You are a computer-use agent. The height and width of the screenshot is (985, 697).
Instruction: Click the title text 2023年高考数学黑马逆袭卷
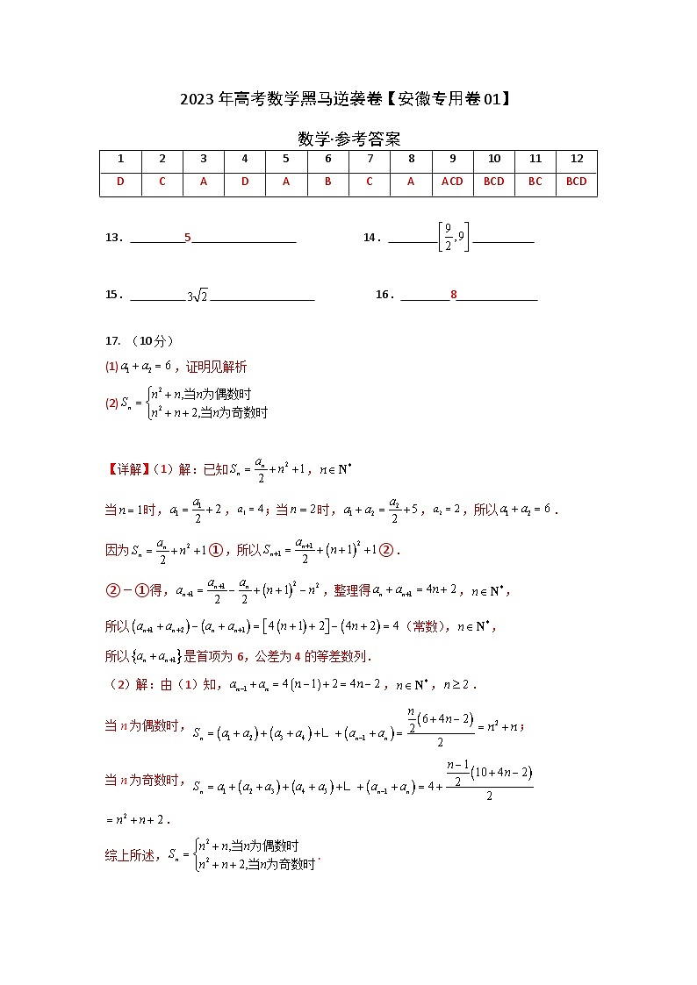click(x=281, y=99)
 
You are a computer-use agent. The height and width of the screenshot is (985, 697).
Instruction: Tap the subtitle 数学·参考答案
click(x=348, y=139)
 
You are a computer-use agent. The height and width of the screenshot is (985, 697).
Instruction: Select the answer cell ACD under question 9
click(x=452, y=182)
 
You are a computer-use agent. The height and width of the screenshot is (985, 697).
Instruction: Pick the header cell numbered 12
click(x=576, y=159)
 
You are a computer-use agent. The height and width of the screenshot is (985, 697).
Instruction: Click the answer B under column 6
click(x=327, y=182)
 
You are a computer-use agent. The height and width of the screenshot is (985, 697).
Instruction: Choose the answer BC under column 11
click(x=535, y=182)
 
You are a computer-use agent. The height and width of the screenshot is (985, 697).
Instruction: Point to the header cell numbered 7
click(x=370, y=159)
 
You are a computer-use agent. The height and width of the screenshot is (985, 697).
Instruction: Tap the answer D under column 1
click(x=120, y=182)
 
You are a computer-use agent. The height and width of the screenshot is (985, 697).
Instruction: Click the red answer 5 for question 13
click(x=188, y=238)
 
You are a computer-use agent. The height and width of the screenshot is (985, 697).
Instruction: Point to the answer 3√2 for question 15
click(x=198, y=296)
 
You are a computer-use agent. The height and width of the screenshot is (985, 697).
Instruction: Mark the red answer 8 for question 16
click(x=454, y=296)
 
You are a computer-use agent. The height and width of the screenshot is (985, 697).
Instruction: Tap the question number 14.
click(x=370, y=238)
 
